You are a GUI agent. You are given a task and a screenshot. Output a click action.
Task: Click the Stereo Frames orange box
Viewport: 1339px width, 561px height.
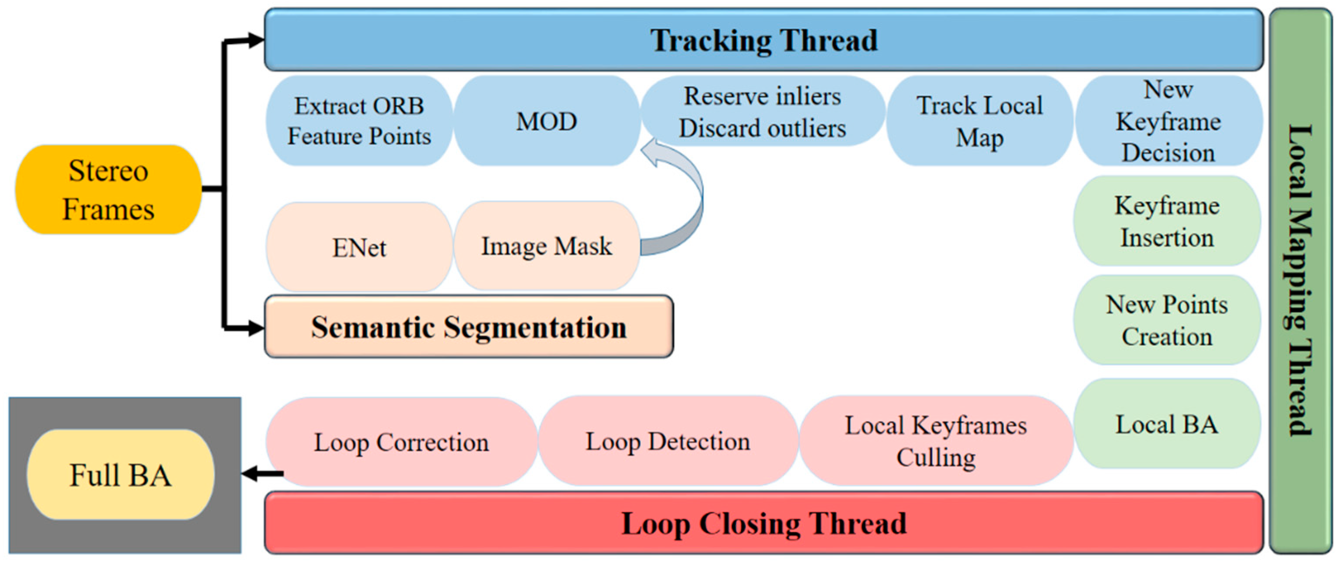click(x=108, y=190)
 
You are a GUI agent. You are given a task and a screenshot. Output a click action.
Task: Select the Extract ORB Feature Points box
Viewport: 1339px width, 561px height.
click(x=359, y=121)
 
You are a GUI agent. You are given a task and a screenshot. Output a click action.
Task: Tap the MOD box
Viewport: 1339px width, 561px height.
click(x=546, y=121)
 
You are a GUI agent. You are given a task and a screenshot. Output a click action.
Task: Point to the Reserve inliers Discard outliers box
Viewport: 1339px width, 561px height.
click(x=762, y=112)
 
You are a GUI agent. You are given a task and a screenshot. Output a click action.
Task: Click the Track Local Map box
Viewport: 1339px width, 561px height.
click(x=979, y=121)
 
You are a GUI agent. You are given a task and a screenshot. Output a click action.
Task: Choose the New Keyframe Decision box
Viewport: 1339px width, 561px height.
click(x=1168, y=121)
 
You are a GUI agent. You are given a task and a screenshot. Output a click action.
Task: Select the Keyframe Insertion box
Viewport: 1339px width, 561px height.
click(x=1166, y=222)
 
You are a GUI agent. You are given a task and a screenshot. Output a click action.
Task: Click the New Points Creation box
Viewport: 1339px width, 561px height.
click(x=1166, y=320)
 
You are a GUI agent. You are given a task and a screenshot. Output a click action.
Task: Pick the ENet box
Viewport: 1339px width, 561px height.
click(x=359, y=247)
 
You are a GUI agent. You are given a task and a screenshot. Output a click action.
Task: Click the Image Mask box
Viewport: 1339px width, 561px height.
click(x=546, y=246)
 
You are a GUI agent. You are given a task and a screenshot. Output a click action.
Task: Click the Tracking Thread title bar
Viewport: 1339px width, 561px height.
click(x=763, y=40)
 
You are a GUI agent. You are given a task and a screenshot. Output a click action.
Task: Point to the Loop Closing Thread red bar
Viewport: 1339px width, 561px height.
click(x=763, y=523)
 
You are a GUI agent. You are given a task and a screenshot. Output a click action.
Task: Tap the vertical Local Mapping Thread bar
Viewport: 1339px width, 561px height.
click(x=1299, y=281)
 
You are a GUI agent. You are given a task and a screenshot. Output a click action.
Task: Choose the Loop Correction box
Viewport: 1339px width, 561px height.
click(x=401, y=442)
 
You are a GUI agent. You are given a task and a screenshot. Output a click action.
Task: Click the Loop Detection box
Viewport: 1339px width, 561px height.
click(x=668, y=441)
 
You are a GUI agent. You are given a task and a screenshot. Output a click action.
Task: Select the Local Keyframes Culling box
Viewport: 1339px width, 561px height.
click(x=936, y=441)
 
